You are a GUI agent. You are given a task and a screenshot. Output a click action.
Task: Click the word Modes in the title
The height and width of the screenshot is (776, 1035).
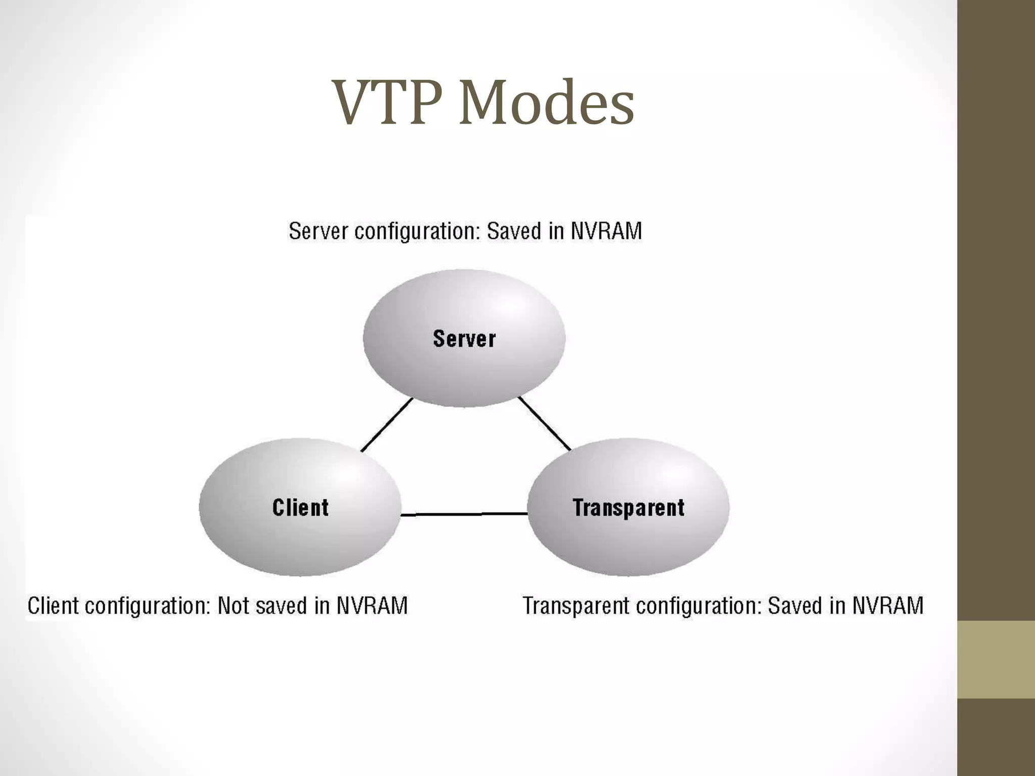(x=546, y=103)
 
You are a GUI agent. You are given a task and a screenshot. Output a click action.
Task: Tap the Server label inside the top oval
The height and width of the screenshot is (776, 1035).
(x=464, y=338)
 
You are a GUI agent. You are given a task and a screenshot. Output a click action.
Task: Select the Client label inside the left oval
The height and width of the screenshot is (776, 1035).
(x=300, y=507)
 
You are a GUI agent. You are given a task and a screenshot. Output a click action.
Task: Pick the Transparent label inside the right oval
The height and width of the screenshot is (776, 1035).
(x=628, y=507)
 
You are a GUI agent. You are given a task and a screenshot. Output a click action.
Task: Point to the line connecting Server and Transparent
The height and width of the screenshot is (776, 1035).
(x=545, y=423)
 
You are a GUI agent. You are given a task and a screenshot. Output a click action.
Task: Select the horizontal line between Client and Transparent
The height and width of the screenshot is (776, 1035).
(x=464, y=514)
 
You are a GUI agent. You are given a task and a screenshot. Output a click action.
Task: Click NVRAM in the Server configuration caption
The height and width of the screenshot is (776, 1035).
(x=606, y=231)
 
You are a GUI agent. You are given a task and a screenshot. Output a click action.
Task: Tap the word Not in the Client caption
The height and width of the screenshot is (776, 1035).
(x=233, y=605)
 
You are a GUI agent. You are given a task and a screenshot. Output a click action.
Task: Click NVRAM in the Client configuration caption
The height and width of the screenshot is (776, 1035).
(x=372, y=605)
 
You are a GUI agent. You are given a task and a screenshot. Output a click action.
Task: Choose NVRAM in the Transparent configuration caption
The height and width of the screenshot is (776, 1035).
(x=888, y=605)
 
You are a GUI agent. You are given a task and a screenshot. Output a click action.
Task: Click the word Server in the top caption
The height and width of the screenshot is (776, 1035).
(x=318, y=231)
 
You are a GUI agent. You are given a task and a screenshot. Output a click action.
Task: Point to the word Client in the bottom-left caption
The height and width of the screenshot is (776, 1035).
(x=53, y=605)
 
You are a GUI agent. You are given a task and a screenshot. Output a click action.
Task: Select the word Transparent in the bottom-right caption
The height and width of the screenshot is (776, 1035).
(x=576, y=605)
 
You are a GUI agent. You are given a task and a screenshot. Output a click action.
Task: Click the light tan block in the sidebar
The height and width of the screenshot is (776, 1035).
(x=996, y=659)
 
